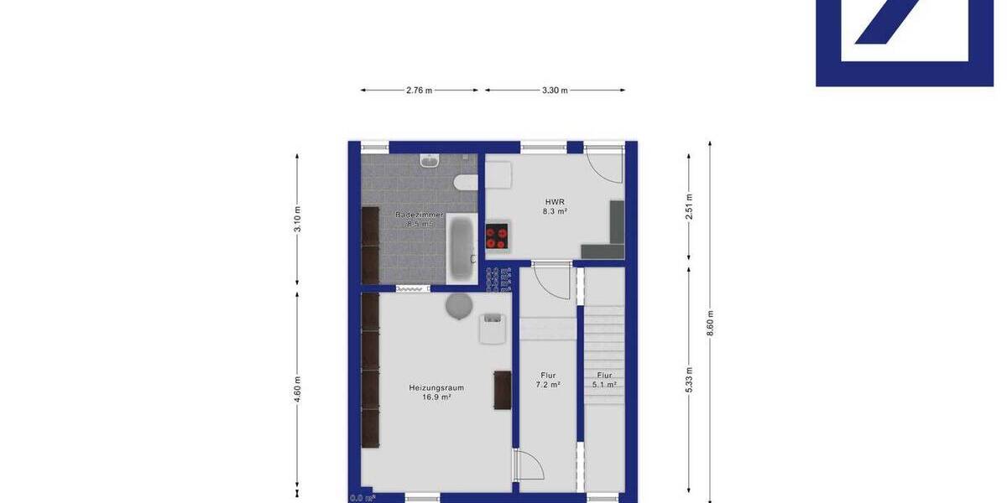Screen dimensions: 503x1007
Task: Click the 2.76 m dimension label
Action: coord(419,91)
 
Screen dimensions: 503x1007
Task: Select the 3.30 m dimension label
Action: coord(555,91)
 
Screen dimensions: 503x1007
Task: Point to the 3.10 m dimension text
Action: coord(298,218)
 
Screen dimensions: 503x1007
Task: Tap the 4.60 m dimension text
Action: coord(298,390)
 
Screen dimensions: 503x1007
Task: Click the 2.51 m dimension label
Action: coord(689,206)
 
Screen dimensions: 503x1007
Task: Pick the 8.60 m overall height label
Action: coord(711,323)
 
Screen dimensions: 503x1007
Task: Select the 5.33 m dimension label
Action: coord(689,380)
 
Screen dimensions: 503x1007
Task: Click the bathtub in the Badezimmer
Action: coord(462,247)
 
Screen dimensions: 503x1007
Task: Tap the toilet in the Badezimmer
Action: coord(464,182)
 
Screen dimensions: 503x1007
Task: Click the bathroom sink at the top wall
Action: coord(429,160)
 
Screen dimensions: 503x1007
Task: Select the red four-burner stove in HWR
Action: coord(497,237)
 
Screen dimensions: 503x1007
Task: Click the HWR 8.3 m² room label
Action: coord(555,207)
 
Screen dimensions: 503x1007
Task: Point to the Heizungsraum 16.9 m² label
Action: coord(436,392)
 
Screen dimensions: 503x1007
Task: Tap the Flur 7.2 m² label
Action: coord(548,380)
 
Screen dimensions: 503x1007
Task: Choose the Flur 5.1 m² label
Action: coord(604,380)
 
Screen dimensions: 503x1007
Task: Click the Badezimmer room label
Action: coord(419,220)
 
